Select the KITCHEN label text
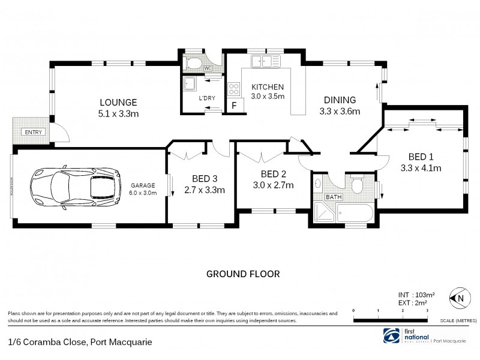[267, 87]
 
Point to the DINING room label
[340, 100]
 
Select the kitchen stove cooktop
[235, 89]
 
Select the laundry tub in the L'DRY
[189, 83]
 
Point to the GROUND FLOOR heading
[243, 274]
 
